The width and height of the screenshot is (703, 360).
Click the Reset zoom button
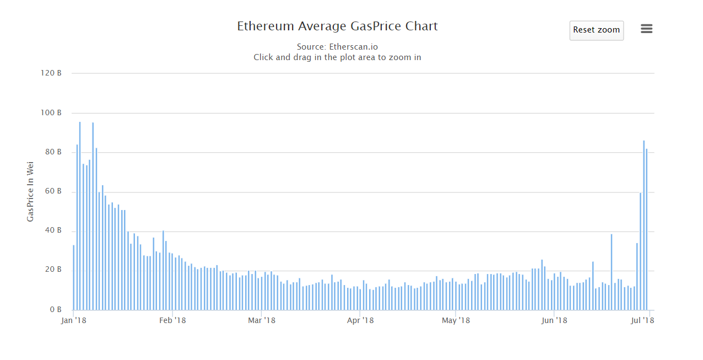point(596,30)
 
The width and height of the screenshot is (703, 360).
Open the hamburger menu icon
point(647,29)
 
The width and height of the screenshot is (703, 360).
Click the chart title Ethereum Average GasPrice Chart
point(337,26)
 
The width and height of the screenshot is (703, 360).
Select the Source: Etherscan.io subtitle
point(337,47)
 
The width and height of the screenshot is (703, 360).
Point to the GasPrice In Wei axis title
point(31,191)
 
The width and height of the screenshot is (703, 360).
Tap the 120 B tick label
point(51,73)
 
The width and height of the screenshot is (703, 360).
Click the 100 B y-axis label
point(51,113)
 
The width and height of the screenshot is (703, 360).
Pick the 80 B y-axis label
point(52,152)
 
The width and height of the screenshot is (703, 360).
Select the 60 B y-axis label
point(52,192)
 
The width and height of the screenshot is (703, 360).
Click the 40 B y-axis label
point(52,231)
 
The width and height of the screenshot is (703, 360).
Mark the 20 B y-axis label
point(52,270)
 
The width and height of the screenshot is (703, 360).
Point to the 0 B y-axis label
point(54,310)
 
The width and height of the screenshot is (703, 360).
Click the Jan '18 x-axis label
point(74,320)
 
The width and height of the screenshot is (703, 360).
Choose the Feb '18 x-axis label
point(172,320)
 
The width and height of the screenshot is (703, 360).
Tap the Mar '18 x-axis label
point(262,320)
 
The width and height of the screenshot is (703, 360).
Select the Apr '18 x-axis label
point(360,320)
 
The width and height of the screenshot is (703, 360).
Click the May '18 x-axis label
point(456,320)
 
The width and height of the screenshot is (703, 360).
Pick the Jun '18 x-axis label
point(555,320)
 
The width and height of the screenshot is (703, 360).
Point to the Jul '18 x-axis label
point(642,320)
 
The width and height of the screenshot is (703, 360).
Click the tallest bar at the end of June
point(643,226)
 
